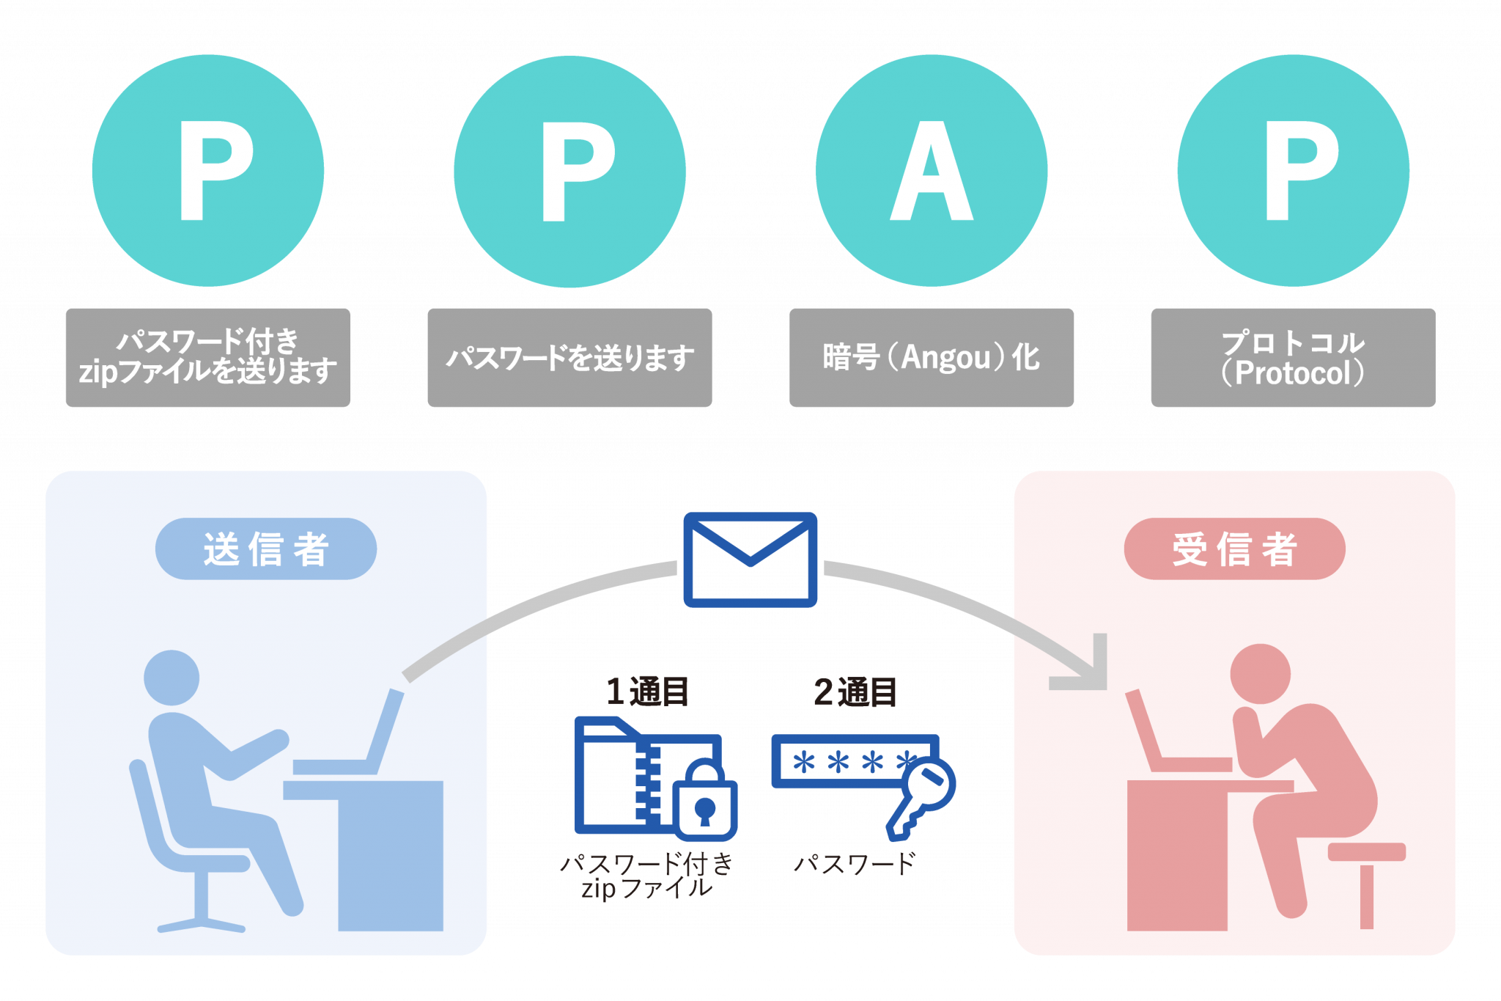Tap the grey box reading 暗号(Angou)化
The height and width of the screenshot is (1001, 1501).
click(x=931, y=357)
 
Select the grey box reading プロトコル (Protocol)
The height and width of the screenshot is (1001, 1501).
click(x=1292, y=357)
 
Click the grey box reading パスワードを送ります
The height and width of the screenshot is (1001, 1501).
click(x=569, y=357)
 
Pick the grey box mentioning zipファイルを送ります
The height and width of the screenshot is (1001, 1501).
click(x=207, y=357)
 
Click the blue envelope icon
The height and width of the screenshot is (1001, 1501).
click(x=750, y=560)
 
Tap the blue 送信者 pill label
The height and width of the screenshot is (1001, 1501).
click(x=265, y=549)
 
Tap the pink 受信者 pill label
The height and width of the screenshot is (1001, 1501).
click(x=1234, y=549)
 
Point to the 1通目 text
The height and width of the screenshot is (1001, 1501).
click(x=648, y=692)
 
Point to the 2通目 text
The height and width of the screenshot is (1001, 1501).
click(x=855, y=692)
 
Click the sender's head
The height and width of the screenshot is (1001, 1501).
click(x=172, y=677)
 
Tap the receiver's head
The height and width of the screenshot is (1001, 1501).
click(x=1260, y=672)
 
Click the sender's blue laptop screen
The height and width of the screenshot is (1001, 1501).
click(x=386, y=730)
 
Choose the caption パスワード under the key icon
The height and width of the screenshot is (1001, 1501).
click(x=855, y=864)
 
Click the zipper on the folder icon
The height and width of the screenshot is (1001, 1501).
click(x=648, y=781)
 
